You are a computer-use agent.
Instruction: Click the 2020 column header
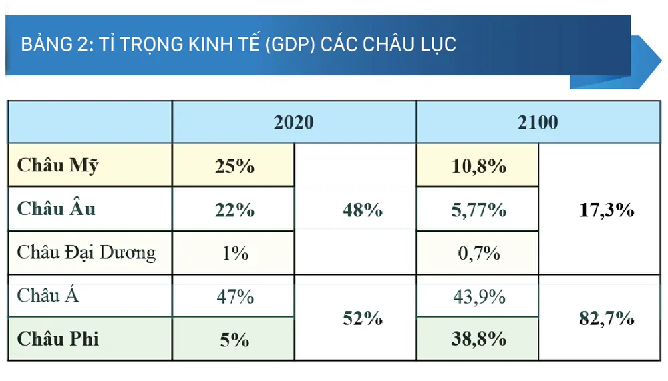(x=293, y=123)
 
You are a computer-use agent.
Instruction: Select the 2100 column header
(x=538, y=123)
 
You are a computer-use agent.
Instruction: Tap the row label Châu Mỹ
(x=57, y=165)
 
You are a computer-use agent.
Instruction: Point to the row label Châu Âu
(x=57, y=208)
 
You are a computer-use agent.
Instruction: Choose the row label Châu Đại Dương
(x=86, y=252)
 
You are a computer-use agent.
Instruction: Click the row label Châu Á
(x=48, y=295)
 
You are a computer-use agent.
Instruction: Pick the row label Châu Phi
(x=58, y=338)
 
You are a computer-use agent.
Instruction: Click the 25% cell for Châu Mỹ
(x=234, y=165)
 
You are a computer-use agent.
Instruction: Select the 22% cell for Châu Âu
(x=234, y=210)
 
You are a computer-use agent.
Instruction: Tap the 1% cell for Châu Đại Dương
(x=234, y=253)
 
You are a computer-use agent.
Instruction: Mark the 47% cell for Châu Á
(x=234, y=296)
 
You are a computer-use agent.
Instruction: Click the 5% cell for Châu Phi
(x=234, y=339)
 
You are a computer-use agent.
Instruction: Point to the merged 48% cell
(x=362, y=210)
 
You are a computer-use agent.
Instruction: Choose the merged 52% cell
(x=362, y=318)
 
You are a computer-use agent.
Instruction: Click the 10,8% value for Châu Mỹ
(x=478, y=165)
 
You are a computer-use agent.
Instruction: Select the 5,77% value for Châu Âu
(x=478, y=210)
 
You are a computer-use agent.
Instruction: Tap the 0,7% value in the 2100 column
(x=478, y=253)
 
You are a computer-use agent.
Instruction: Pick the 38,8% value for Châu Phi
(x=478, y=339)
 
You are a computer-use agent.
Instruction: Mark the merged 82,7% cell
(x=605, y=318)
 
